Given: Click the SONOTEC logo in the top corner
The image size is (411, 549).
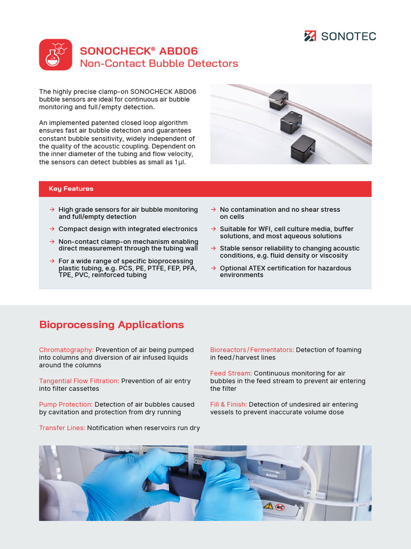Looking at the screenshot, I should (x=340, y=36).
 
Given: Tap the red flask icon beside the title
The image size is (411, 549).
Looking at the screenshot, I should (x=56, y=55).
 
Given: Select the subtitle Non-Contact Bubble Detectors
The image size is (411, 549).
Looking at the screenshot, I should (x=159, y=63).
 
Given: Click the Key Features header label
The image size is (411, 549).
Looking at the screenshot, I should (x=71, y=189).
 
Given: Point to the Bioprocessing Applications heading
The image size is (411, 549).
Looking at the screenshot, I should (x=111, y=324).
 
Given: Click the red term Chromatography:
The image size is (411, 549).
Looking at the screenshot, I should (x=66, y=350).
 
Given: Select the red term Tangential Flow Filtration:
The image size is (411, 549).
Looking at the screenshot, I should (x=79, y=381).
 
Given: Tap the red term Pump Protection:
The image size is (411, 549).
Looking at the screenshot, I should (x=66, y=405).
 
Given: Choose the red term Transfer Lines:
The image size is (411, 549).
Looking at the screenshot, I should (x=62, y=428).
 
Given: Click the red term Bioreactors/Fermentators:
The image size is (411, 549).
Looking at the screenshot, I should (x=252, y=350).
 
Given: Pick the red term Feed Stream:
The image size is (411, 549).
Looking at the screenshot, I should (x=231, y=373).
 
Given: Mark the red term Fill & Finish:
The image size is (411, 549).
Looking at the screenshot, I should (x=229, y=405).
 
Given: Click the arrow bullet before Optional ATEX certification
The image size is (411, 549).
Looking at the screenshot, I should (x=213, y=268).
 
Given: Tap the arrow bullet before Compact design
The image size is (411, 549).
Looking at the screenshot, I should (x=52, y=229).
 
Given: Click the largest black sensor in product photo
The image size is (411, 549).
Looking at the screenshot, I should (x=303, y=149).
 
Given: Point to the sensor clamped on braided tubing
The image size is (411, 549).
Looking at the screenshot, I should (x=278, y=99).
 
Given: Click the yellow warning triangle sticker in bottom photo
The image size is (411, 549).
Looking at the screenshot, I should (x=268, y=506).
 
